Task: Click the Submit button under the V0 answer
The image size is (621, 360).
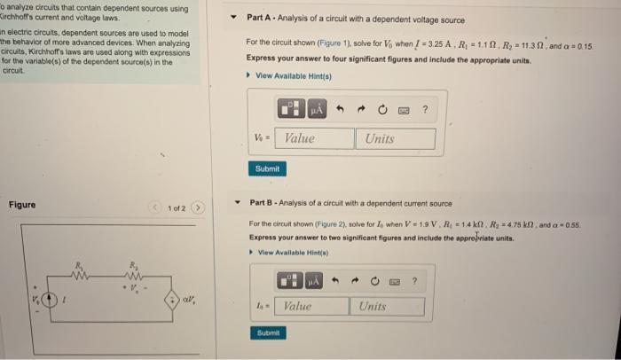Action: pos(266,168)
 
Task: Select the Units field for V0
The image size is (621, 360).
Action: pos(396,138)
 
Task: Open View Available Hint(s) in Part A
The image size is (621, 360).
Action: pos(293,75)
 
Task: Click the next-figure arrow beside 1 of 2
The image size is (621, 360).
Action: pos(200,208)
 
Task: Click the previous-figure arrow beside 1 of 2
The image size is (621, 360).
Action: pos(156,208)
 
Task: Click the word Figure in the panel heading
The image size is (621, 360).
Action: pos(22,205)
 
